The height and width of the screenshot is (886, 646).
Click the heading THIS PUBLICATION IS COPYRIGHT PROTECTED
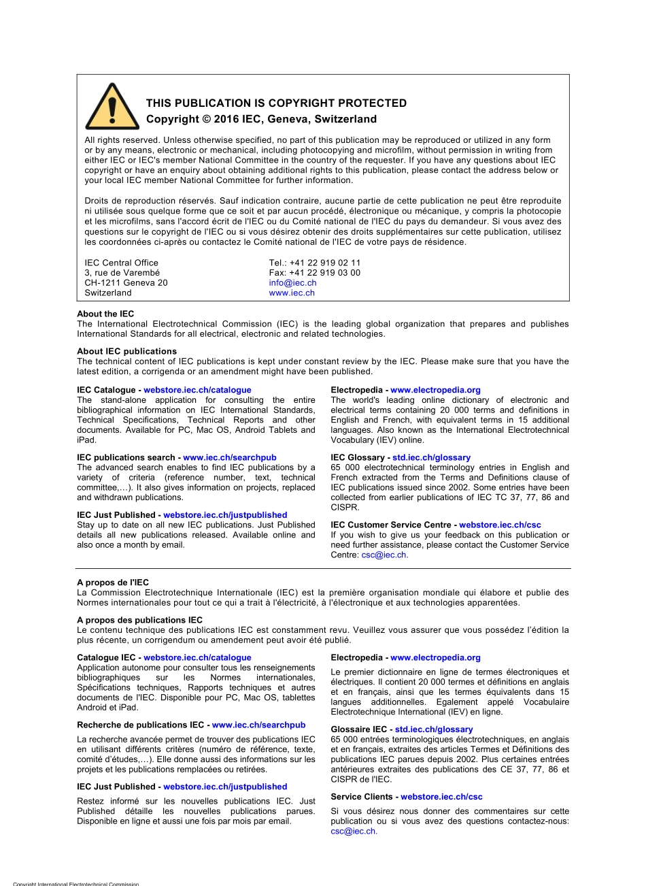[276, 103]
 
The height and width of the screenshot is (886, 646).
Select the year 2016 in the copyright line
[226, 119]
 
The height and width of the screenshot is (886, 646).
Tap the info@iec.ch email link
[292, 283]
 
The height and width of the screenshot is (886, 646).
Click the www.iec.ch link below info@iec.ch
[292, 293]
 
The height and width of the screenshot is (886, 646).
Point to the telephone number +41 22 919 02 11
[325, 263]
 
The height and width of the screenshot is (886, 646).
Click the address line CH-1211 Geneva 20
[126, 283]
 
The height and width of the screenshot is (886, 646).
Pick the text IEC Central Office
[121, 263]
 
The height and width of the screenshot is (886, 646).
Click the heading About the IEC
[105, 314]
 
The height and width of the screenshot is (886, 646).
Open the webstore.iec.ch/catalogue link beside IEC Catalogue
[197, 390]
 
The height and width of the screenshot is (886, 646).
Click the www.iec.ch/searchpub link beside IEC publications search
[230, 457]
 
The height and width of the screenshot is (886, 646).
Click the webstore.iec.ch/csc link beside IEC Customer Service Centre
[500, 525]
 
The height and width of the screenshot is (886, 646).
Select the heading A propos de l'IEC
[113, 583]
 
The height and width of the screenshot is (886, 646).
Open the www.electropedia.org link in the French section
[435, 657]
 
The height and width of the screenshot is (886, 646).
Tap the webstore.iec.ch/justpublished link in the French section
[225, 787]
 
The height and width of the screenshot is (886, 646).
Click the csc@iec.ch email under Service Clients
[354, 831]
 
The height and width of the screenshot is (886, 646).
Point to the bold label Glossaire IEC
[358, 729]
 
